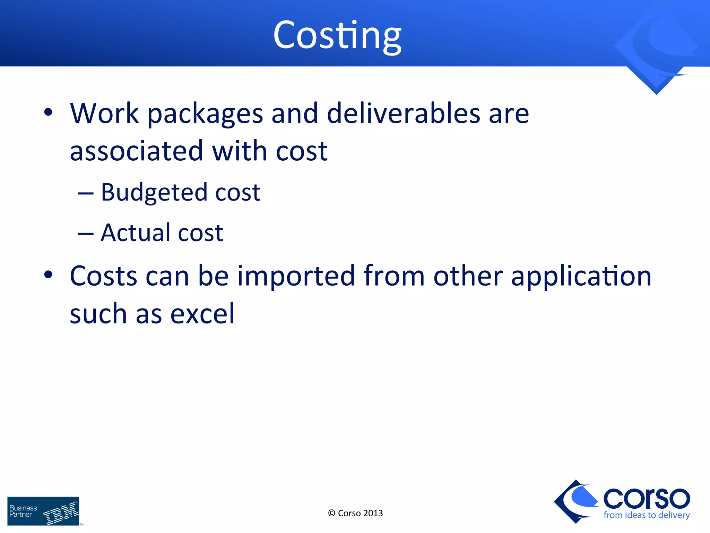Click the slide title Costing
(x=337, y=35)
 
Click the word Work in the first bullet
(x=104, y=113)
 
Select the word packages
(x=205, y=115)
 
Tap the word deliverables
(x=404, y=113)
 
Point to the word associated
(x=136, y=151)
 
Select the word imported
(x=296, y=277)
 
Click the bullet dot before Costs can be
(x=48, y=275)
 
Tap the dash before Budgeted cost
(x=86, y=194)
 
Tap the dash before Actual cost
(x=86, y=234)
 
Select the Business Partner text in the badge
(x=23, y=511)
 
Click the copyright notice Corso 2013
(x=355, y=513)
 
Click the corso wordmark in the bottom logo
(x=647, y=498)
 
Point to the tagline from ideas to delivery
(x=647, y=515)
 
